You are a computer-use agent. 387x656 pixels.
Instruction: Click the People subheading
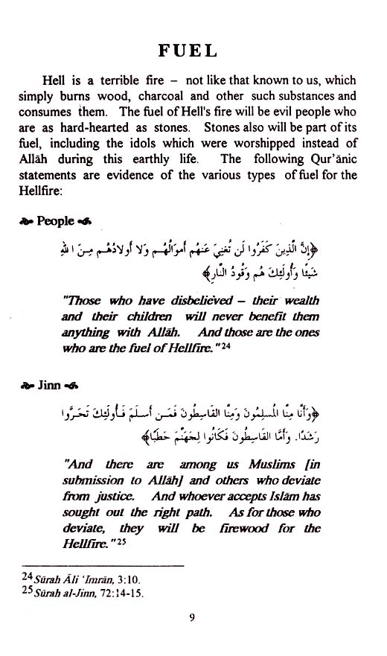(x=56, y=220)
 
